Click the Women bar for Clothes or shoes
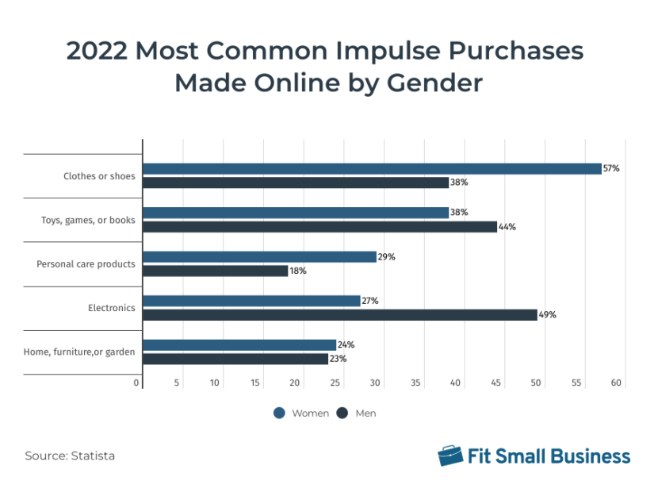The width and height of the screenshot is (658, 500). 372,169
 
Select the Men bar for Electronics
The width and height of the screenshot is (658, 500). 340,314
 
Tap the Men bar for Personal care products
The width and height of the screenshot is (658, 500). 216,271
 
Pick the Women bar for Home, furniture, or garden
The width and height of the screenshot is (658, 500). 239,344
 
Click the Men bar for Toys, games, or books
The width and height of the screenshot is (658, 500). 319,227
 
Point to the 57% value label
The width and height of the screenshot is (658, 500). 611,169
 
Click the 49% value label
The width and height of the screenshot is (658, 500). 548,315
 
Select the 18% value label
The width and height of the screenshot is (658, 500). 298,271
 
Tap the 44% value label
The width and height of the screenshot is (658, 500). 507,227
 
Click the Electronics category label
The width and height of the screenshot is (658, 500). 112,308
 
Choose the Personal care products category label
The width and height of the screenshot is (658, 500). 86,263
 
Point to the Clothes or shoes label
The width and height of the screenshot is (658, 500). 99,176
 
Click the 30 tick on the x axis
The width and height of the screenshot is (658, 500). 375,383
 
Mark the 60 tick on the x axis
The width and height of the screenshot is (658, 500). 616,383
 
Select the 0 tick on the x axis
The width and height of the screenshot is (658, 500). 137,383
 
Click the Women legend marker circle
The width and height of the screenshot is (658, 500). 279,413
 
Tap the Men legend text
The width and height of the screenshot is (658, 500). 365,413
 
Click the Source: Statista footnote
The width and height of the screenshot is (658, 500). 70,456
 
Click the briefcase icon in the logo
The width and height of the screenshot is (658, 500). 450,456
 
